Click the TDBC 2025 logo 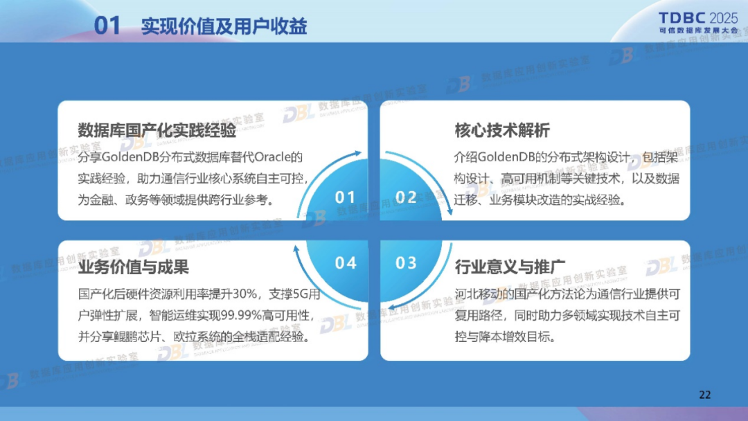pyautogui.click(x=698, y=23)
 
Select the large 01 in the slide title pyautogui.click(x=107, y=26)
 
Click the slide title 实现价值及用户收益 pyautogui.click(x=224, y=26)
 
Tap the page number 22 pyautogui.click(x=704, y=395)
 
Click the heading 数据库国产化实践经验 pyautogui.click(x=157, y=130)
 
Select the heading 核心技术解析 pyautogui.click(x=502, y=130)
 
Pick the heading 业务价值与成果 pyautogui.click(x=134, y=267)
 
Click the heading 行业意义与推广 pyautogui.click(x=510, y=267)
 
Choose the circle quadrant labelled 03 pyautogui.click(x=409, y=267)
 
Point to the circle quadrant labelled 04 pyautogui.click(x=340, y=267)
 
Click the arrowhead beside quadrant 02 pyautogui.click(x=448, y=211)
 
